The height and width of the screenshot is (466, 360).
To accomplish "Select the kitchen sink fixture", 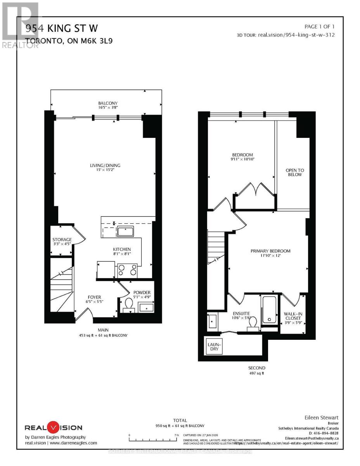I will tap(125, 232).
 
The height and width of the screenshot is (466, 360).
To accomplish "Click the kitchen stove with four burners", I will tap(127, 270).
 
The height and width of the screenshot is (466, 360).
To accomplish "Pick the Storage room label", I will tap(62, 240).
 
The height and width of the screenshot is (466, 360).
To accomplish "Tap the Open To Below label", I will tap(294, 172).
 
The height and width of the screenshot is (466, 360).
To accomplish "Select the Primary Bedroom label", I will tap(270, 251).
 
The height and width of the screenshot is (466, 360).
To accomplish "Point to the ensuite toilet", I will tap(253, 323).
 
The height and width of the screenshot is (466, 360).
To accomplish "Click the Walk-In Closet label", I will tap(292, 315).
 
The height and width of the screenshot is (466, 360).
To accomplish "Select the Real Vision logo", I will tap(54, 428).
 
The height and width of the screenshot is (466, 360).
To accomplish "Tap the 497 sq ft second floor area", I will tap(256, 374).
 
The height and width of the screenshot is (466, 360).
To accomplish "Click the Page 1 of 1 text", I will tap(319, 27).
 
